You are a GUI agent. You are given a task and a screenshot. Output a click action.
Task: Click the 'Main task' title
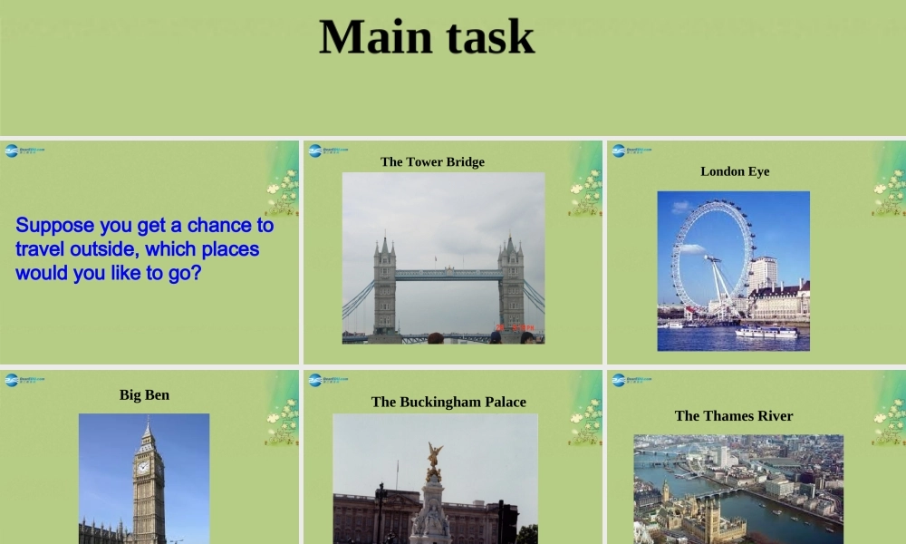[427, 38]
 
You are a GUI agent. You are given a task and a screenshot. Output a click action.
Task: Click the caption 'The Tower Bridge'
[432, 162]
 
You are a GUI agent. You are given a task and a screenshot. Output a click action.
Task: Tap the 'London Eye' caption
[735, 171]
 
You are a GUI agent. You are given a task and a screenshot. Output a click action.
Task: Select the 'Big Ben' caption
[144, 395]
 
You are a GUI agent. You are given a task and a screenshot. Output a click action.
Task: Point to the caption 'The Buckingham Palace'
[448, 403]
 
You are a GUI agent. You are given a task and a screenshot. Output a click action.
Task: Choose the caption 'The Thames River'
[734, 416]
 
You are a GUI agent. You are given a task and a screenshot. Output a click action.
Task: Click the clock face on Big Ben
[142, 467]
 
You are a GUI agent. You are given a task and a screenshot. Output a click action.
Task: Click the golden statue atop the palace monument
[434, 456]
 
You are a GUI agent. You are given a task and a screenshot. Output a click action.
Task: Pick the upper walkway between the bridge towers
[448, 273]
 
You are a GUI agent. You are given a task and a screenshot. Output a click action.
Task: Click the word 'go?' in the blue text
[184, 272]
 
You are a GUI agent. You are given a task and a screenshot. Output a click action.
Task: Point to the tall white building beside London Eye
[763, 273]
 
